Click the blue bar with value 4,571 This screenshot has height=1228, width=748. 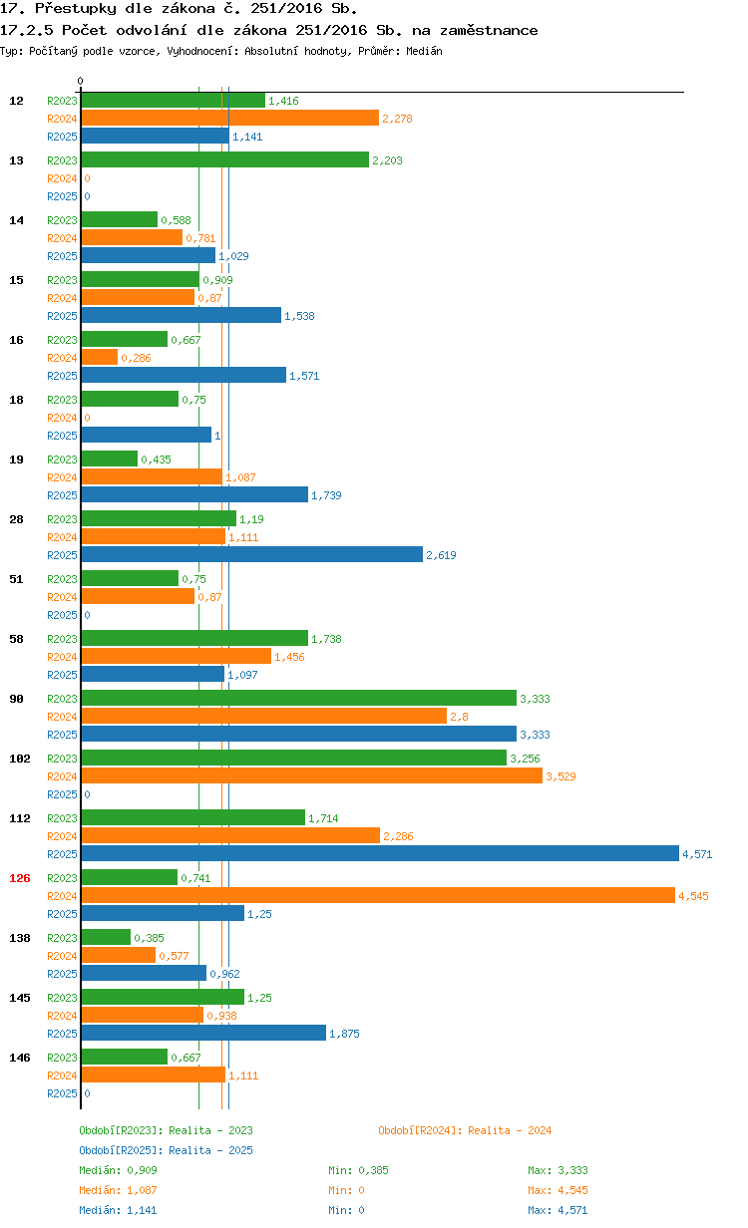(x=379, y=853)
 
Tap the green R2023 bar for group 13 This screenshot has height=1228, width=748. (x=224, y=159)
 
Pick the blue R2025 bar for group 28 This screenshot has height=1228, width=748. (x=251, y=554)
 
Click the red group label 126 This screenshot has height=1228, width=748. (x=20, y=878)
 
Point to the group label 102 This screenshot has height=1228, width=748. (x=20, y=759)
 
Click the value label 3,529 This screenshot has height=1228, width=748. (x=561, y=776)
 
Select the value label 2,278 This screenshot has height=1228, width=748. (x=397, y=119)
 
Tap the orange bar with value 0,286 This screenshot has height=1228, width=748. (x=99, y=357)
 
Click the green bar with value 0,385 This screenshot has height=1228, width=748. (x=106, y=937)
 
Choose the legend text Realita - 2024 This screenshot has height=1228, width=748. (x=510, y=1130)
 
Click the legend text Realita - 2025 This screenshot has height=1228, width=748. (x=210, y=1150)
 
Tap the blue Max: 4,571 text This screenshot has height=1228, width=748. (x=558, y=1210)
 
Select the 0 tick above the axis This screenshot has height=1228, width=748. (x=80, y=81)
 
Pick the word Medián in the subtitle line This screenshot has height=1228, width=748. (x=424, y=51)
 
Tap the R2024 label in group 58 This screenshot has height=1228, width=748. (x=62, y=657)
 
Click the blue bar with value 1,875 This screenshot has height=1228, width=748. (x=203, y=1033)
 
